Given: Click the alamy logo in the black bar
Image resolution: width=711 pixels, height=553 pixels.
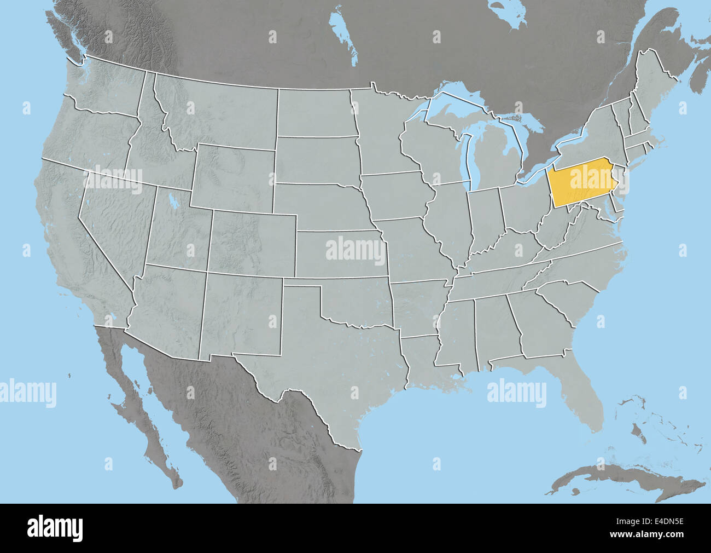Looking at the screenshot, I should tap(55, 528).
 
